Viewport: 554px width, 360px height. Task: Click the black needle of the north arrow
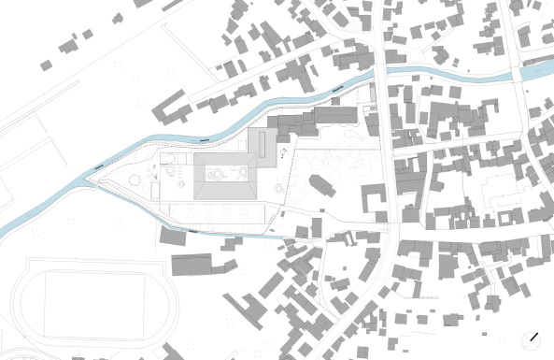pyautogui.click(x=535, y=335)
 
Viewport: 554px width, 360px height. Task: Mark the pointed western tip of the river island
pyautogui.click(x=90, y=179)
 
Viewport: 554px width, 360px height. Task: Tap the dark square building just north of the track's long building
pyautogui.click(x=174, y=236)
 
